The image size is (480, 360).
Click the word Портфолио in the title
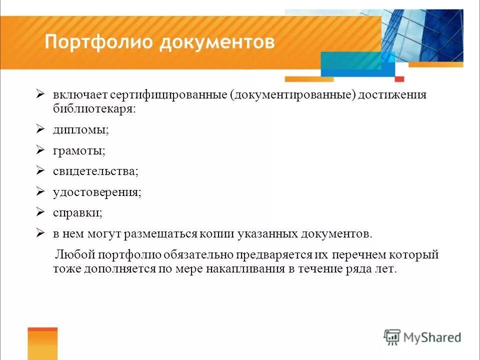99,42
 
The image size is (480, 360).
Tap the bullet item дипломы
81,129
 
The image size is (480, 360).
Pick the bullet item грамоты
79,150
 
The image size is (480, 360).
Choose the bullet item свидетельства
95,171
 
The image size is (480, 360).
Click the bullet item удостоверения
97,192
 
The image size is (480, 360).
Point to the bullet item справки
77,213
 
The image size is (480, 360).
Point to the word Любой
75,255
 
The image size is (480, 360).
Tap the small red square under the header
399,79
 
